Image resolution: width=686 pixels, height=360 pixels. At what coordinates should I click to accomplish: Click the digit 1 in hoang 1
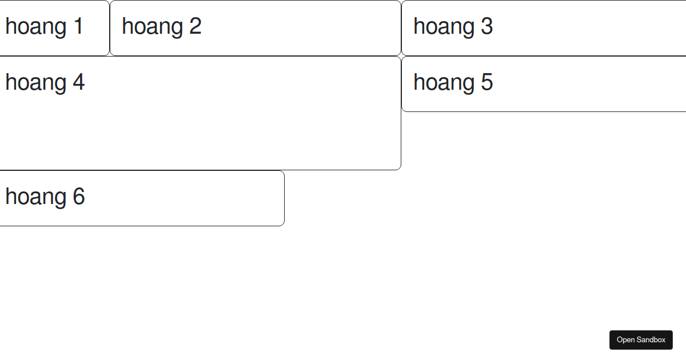pyautogui.click(x=79, y=26)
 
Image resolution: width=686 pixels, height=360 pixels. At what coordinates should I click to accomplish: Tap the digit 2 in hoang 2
pyautogui.click(x=196, y=26)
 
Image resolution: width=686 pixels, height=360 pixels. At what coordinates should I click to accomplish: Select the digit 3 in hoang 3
pyautogui.click(x=487, y=26)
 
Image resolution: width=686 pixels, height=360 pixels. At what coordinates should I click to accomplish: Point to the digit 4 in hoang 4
pyautogui.click(x=79, y=82)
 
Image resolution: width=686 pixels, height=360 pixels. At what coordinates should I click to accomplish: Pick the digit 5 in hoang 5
pyautogui.click(x=487, y=82)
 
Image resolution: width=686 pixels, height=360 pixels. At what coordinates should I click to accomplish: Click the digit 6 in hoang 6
pyautogui.click(x=79, y=196)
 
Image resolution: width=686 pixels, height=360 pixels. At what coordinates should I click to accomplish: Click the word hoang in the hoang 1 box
pyautogui.click(x=36, y=27)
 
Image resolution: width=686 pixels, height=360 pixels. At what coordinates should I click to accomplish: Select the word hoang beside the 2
pyautogui.click(x=153, y=27)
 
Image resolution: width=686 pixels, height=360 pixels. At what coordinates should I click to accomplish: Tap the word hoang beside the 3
pyautogui.click(x=444, y=27)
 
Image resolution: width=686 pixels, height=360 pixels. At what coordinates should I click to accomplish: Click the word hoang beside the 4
pyautogui.click(x=36, y=83)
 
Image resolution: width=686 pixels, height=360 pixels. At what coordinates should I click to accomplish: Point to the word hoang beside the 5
pyautogui.click(x=444, y=83)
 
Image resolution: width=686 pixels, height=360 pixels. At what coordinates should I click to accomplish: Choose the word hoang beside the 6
pyautogui.click(x=36, y=198)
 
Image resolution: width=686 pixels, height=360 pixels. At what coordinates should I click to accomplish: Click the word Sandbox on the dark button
pyautogui.click(x=651, y=340)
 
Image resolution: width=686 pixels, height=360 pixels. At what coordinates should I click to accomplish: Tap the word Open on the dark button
pyautogui.click(x=625, y=340)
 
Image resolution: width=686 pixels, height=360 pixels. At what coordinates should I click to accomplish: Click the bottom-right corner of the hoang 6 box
pyautogui.click(x=284, y=226)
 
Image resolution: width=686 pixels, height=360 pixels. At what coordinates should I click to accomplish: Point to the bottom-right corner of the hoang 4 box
pyautogui.click(x=401, y=170)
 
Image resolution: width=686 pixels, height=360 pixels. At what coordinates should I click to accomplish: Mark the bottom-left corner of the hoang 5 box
pyautogui.click(x=402, y=111)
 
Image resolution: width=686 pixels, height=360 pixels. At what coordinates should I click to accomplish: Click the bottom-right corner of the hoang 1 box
pyautogui.click(x=109, y=56)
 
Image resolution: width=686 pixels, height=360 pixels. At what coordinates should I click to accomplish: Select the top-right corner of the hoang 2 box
pyautogui.click(x=401, y=1)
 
